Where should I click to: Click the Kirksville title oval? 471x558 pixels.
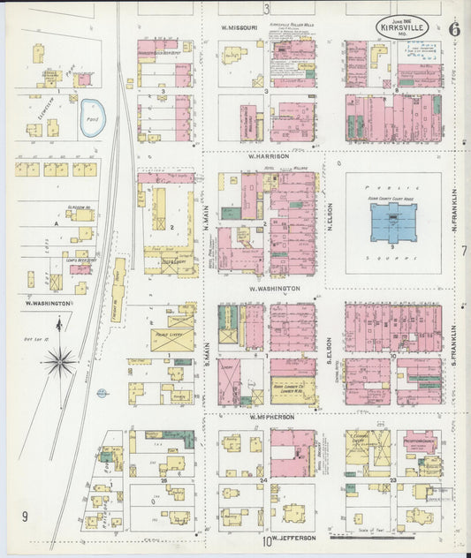tap(405, 28)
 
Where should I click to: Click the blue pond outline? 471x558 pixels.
tap(93, 117)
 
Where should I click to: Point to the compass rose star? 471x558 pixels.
tap(60, 359)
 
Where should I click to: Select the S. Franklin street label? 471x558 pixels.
tap(453, 343)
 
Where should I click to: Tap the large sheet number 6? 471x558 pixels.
tap(454, 28)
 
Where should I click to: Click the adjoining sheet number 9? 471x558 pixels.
tap(26, 517)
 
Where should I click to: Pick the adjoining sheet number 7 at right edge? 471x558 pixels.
tap(463, 251)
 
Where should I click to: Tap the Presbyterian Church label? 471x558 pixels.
tap(416, 444)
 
